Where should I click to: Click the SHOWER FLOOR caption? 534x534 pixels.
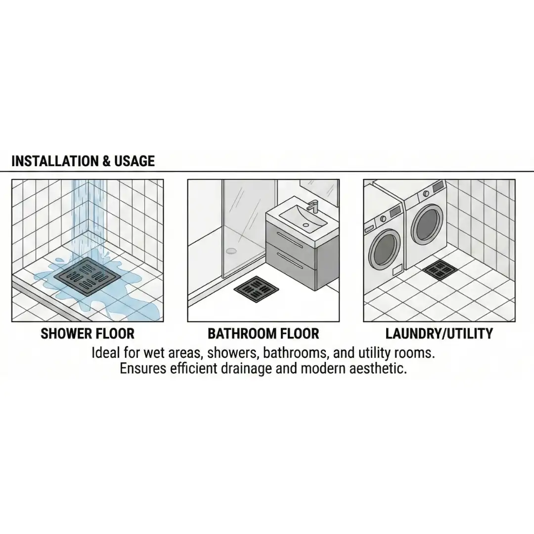88,333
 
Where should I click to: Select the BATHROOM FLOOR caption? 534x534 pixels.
263,333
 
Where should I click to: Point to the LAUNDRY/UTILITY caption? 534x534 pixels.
439,333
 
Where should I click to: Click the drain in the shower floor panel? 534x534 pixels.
88,276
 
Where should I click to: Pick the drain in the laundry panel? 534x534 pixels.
440,270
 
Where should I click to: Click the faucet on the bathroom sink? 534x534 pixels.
312,206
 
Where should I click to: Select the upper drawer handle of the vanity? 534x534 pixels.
290,240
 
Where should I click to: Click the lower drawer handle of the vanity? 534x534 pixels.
290,260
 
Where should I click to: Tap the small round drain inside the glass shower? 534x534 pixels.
231,251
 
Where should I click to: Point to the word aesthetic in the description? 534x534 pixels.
378,368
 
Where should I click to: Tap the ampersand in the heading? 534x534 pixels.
106,161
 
